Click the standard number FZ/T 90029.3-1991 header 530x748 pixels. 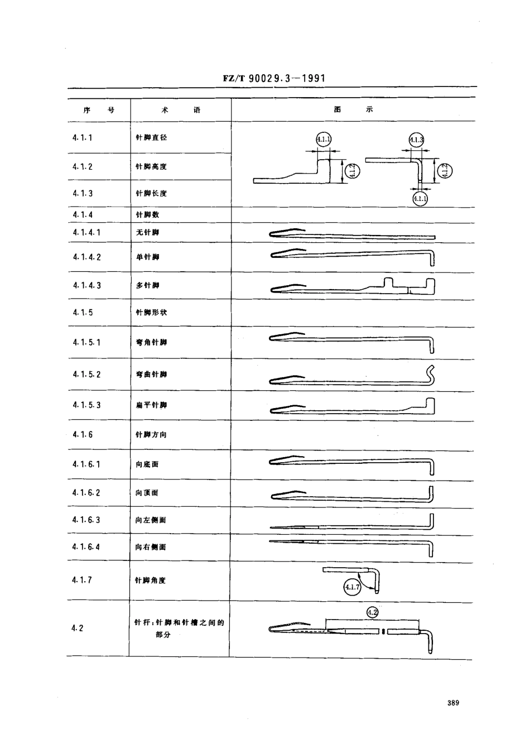[274, 79]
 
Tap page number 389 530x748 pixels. [452, 703]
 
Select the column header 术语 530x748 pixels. [180, 111]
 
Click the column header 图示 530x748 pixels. [353, 110]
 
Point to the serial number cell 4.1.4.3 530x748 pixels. [87, 286]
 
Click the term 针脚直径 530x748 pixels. [151, 137]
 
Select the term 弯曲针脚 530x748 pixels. [151, 375]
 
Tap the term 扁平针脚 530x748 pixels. [151, 405]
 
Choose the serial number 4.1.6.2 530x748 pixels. [86, 493]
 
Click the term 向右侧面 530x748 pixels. [151, 548]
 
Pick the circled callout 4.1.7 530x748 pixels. [352, 587]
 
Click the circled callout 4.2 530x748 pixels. [373, 612]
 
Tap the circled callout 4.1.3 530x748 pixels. [416, 140]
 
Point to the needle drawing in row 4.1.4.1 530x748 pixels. [352, 234]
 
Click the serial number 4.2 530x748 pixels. [78, 628]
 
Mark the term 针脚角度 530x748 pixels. [151, 581]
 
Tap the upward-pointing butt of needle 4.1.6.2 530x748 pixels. [431, 493]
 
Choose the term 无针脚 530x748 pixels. [147, 232]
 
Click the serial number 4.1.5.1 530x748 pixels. [86, 342]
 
